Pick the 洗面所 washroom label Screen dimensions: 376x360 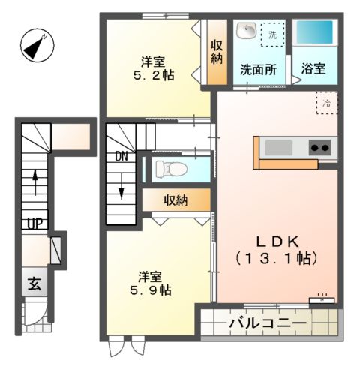(x=257, y=68)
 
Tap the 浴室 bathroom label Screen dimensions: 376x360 (x=313, y=68)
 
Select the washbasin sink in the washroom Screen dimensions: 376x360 (x=246, y=32)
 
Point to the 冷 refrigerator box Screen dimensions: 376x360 (x=326, y=104)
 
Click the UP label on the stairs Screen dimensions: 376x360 (x=34, y=223)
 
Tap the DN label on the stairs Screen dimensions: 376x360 (x=121, y=157)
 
